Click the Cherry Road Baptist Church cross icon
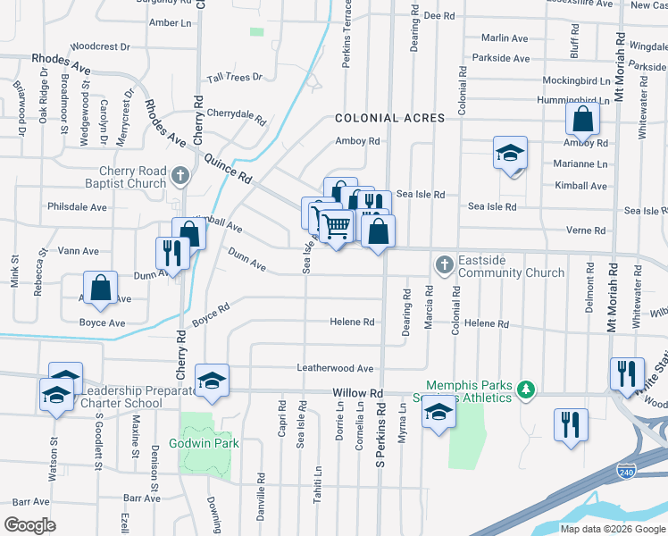coord(180,175)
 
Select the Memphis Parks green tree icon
coord(527,389)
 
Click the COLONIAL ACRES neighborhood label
coord(389,118)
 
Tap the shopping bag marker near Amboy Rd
coord(582,120)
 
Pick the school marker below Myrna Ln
coord(438,413)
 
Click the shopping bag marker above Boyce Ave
coord(100,288)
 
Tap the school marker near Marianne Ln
coord(510,153)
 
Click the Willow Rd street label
coord(357,393)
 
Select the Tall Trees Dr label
coord(235,78)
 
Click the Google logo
coord(30,525)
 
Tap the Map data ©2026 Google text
coord(612,529)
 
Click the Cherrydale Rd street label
coord(237,115)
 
